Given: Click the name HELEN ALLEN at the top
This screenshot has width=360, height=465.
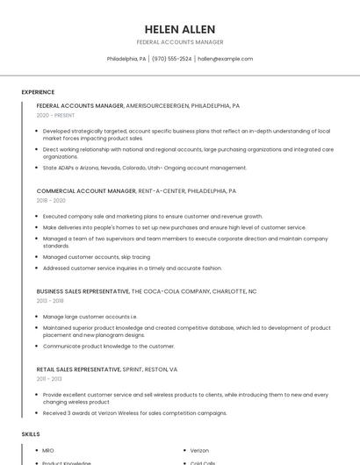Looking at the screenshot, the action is pyautogui.click(x=180, y=29).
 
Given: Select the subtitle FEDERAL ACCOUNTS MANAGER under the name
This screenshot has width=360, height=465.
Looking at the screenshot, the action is pyautogui.click(x=180, y=42).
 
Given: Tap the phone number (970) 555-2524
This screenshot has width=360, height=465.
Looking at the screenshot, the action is pyautogui.click(x=171, y=59).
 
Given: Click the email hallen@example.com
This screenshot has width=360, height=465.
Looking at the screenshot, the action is pyautogui.click(x=225, y=59).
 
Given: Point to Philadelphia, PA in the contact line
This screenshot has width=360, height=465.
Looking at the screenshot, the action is pyautogui.click(x=126, y=59).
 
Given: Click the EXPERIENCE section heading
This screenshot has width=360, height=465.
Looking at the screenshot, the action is pyautogui.click(x=38, y=92).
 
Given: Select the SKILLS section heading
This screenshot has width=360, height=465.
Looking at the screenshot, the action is pyautogui.click(x=31, y=434).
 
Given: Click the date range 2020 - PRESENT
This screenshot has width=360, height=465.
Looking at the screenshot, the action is pyautogui.click(x=55, y=115).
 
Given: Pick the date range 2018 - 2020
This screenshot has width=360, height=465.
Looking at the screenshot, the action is pyautogui.click(x=51, y=200).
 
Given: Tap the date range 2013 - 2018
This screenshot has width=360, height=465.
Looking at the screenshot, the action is pyautogui.click(x=51, y=300).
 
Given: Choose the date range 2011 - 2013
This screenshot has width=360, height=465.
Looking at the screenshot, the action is pyautogui.click(x=50, y=379).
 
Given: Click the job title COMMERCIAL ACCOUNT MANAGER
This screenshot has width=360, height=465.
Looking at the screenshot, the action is pyautogui.click(x=86, y=190).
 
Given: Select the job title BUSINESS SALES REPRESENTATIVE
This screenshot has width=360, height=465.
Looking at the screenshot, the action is pyautogui.click(x=83, y=290).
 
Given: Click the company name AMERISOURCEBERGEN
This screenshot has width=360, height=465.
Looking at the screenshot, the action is pyautogui.click(x=155, y=105).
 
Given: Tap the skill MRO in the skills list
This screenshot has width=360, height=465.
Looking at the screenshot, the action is pyautogui.click(x=48, y=451).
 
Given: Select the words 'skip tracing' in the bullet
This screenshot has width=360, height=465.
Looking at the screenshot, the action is pyautogui.click(x=134, y=257).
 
